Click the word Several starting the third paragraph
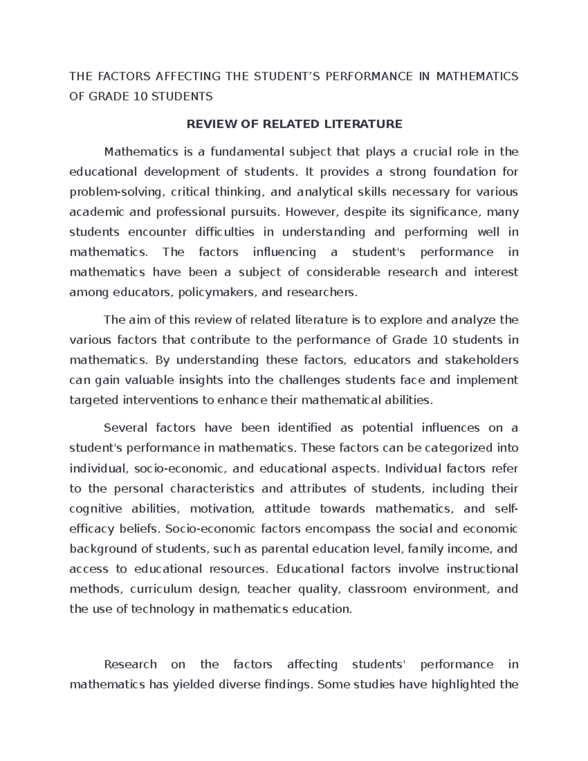coord(125,428)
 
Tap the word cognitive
coord(96,509)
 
